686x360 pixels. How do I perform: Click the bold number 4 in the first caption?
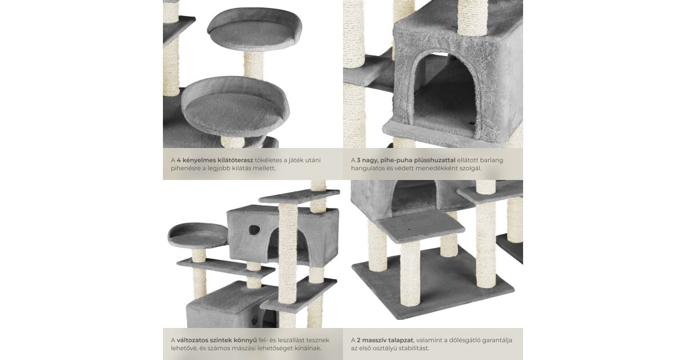[179, 160]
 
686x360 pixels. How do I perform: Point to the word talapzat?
[401, 341]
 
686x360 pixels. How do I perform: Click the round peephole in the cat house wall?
[254, 230]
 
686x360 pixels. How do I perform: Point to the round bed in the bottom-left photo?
[198, 234]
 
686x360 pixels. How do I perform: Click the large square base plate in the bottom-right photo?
[433, 283]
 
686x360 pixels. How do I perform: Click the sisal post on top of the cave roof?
[472, 17]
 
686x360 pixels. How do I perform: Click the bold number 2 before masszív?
[358, 341]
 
